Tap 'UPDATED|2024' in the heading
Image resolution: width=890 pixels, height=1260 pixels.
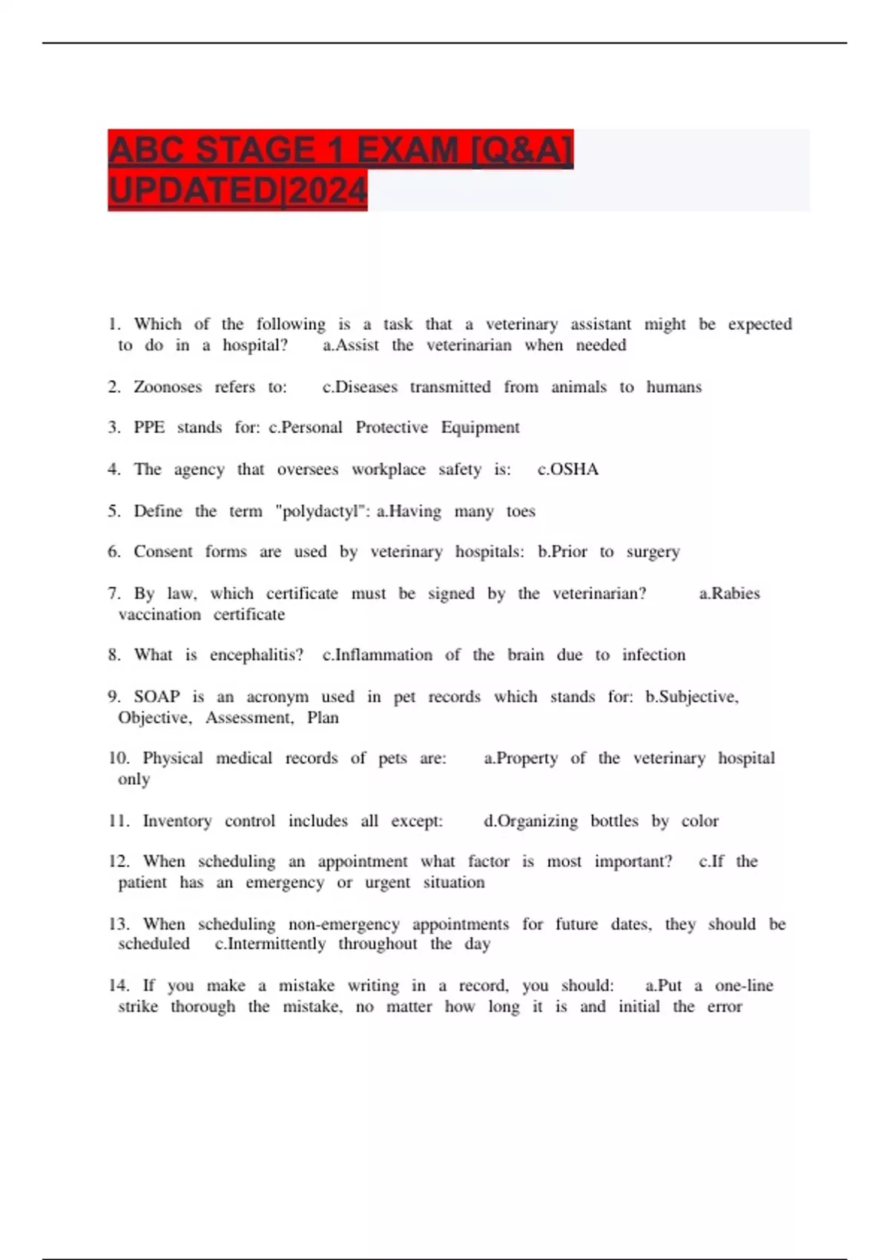pyautogui.click(x=237, y=191)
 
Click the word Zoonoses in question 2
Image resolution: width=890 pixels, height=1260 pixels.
pyautogui.click(x=168, y=387)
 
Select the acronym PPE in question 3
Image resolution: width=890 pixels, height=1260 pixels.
pyautogui.click(x=149, y=428)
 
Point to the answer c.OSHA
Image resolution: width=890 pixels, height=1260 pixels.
pyautogui.click(x=568, y=469)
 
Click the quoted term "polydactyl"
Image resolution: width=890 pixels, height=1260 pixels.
pyautogui.click(x=322, y=511)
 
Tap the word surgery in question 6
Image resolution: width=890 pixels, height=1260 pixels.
pyautogui.click(x=653, y=552)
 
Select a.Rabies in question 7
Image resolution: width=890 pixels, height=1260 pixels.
pyautogui.click(x=729, y=594)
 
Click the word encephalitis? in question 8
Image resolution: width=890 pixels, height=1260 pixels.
pyautogui.click(x=257, y=655)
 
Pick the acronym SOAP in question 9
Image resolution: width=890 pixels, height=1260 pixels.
pyautogui.click(x=156, y=697)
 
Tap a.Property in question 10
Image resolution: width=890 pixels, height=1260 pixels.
pyautogui.click(x=521, y=758)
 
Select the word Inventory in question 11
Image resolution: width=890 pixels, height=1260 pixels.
pyautogui.click(x=177, y=821)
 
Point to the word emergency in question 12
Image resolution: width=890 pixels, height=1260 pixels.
pyautogui.click(x=285, y=883)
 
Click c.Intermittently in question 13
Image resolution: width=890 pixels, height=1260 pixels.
pyautogui.click(x=270, y=944)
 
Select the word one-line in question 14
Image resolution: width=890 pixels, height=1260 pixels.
pyautogui.click(x=744, y=986)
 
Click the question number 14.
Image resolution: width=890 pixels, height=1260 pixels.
pyautogui.click(x=118, y=986)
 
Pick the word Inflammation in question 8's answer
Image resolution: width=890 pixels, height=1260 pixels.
pyautogui.click(x=383, y=655)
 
